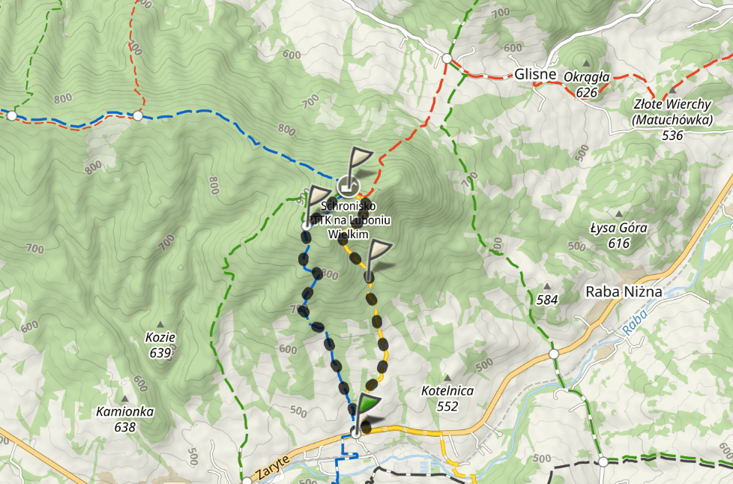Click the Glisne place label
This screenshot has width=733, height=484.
(x=535, y=74)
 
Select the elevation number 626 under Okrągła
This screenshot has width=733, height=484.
(x=587, y=92)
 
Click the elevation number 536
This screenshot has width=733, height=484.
(x=673, y=136)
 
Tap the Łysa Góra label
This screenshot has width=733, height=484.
(x=618, y=229)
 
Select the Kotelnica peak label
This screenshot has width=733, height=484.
(x=447, y=391)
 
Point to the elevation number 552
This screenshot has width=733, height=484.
(x=447, y=406)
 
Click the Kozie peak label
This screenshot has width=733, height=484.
(x=160, y=338)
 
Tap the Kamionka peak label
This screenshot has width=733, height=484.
(x=125, y=411)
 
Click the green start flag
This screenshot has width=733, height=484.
(x=366, y=405)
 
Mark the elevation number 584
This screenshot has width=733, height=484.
(x=547, y=300)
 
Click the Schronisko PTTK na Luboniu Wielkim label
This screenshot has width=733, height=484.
(x=349, y=220)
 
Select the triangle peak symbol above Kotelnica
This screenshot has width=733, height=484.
(x=447, y=378)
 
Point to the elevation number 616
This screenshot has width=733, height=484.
(x=618, y=243)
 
